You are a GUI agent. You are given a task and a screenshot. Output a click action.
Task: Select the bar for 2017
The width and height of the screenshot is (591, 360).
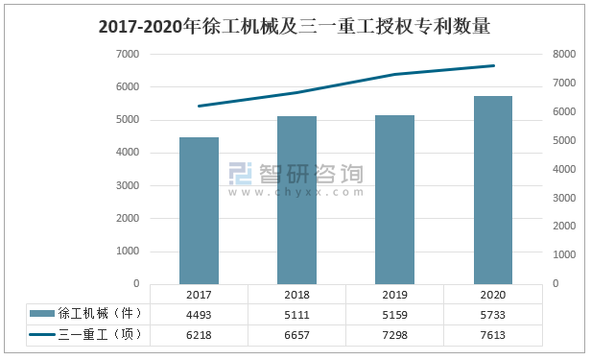199,210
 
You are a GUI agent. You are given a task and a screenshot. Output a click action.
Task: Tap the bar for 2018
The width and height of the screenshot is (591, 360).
296,200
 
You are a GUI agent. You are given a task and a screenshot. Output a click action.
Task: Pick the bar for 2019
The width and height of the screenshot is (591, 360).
394,199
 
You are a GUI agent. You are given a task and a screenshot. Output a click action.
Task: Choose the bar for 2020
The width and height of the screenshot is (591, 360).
493,189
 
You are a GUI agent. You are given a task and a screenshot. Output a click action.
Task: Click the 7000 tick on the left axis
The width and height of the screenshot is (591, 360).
128,54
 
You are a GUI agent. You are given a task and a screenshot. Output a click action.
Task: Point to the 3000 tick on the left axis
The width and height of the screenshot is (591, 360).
128,185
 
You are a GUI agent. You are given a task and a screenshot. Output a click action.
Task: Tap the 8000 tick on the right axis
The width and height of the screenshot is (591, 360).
564,55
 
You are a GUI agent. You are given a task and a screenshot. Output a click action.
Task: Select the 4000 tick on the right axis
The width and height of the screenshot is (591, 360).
564,170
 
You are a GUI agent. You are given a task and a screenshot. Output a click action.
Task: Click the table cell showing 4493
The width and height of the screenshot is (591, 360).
199,314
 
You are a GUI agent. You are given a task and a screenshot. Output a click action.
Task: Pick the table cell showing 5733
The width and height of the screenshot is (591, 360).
493,314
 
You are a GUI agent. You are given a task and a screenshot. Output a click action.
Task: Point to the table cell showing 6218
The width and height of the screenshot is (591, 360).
199,334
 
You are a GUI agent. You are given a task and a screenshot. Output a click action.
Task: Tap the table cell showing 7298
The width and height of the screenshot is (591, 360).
394,334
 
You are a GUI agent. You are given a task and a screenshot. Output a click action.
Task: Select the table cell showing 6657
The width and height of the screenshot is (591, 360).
296,334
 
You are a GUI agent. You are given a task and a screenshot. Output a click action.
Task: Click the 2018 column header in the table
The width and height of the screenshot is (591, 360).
296,295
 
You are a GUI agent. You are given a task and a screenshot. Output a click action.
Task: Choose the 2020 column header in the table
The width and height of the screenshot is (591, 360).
493,295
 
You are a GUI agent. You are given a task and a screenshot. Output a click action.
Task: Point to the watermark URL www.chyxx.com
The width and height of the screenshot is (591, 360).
296,192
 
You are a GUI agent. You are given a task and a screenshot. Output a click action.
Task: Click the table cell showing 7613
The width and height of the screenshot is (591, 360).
493,334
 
